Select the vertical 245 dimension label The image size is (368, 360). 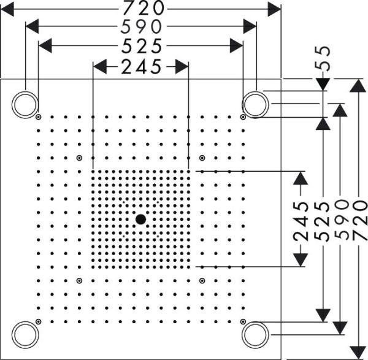[301, 221]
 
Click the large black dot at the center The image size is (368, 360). [141, 218]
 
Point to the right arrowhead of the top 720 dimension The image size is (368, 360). [274, 8]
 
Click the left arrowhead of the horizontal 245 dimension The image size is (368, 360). [100, 66]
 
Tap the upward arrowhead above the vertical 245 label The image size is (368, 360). [300, 178]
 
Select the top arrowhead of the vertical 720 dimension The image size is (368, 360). [359, 86]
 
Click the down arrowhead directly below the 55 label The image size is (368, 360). [324, 84]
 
